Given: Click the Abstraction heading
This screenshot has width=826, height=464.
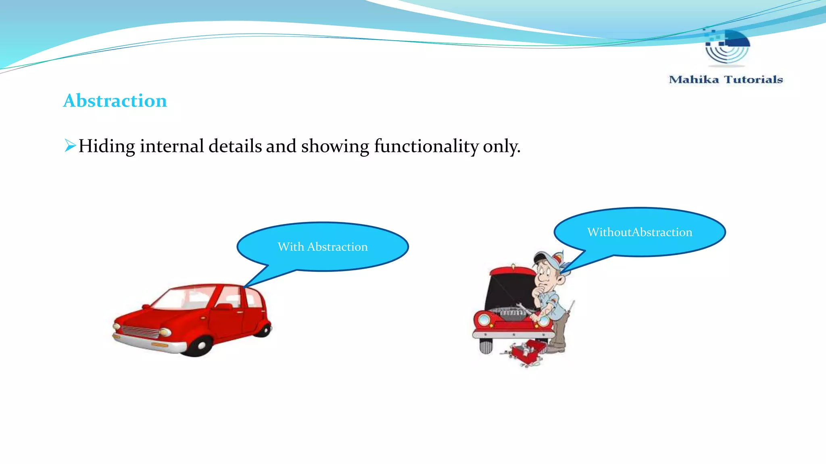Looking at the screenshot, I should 115,101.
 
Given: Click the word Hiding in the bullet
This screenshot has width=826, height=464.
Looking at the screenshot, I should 106,146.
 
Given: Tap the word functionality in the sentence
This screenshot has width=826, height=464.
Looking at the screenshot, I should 426,146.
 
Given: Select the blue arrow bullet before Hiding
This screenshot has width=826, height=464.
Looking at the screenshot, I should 70,145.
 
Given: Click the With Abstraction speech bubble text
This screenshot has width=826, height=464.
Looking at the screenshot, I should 323,246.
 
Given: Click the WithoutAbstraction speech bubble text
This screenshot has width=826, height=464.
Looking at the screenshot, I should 640,232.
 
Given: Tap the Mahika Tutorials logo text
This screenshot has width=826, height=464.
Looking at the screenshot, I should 726,79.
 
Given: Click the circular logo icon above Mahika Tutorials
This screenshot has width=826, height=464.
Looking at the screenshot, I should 727,48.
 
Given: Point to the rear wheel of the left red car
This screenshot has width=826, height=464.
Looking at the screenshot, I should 264,330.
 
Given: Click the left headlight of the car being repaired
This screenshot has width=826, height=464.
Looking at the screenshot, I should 484,320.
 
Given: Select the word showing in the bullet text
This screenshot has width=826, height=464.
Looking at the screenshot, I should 335,146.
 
